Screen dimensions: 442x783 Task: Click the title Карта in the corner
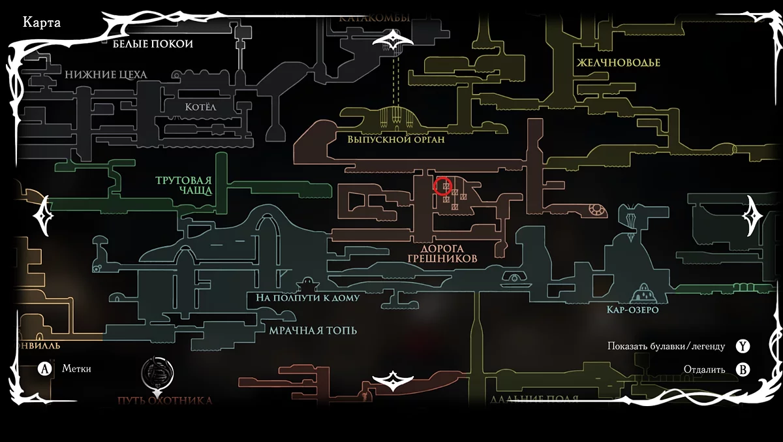42,23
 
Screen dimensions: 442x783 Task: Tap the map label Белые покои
153,44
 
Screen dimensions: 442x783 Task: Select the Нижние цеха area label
106,74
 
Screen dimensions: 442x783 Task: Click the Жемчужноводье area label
618,63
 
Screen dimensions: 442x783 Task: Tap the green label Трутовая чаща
184,185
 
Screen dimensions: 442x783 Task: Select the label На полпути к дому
307,298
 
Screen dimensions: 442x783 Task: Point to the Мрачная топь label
313,330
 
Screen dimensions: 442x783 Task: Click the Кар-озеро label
632,309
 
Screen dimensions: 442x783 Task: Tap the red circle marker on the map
444,187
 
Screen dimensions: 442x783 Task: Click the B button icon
743,370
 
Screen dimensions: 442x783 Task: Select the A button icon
44,369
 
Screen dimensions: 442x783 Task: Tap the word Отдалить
704,370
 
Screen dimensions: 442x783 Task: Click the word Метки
76,369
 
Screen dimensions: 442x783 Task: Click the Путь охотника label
165,400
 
